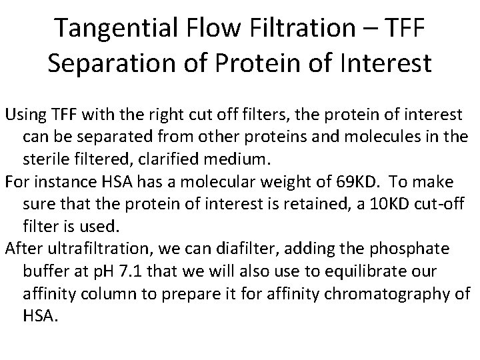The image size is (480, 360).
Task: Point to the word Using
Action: point(24,114)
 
